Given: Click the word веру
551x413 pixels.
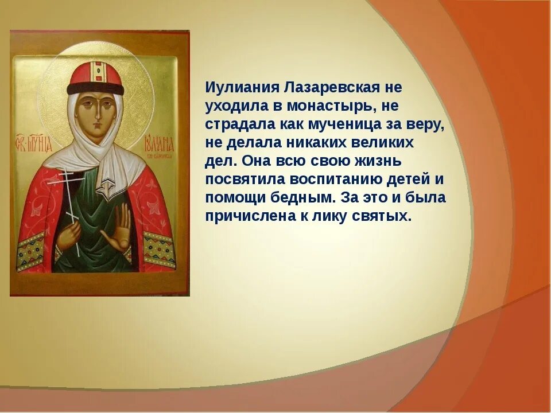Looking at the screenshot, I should point(429,125).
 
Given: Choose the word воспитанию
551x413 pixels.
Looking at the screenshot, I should point(344,180).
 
